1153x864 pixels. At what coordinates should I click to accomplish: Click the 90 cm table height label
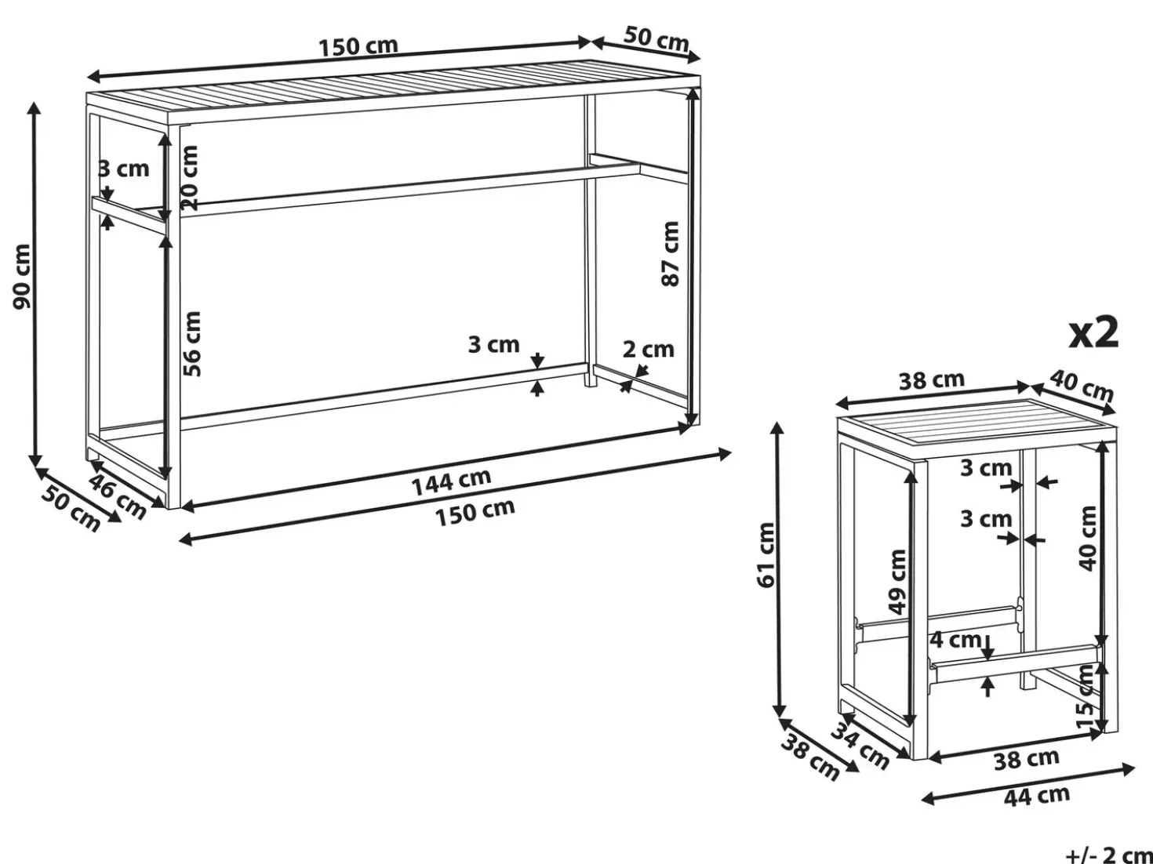[x=23, y=276]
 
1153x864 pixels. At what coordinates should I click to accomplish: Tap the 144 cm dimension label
[x=451, y=482]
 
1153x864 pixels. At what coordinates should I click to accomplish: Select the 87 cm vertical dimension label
[x=671, y=253]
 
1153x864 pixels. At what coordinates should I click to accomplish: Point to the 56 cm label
[x=192, y=343]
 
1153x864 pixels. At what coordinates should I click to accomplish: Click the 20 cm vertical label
[x=189, y=178]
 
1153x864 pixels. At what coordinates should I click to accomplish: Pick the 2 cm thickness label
[x=648, y=349]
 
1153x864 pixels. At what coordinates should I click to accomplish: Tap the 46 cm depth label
[x=117, y=496]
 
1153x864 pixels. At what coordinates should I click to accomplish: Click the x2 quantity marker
[x=1094, y=332]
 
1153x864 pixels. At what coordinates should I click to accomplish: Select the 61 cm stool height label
[x=766, y=555]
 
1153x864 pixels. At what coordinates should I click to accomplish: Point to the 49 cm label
[x=897, y=582]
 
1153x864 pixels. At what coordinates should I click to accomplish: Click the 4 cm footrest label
[x=955, y=640]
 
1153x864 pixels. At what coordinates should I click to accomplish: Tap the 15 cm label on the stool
[x=1086, y=695]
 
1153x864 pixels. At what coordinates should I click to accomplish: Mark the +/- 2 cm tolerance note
[x=1109, y=855]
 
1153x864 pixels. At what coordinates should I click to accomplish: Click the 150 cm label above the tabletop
[x=358, y=46]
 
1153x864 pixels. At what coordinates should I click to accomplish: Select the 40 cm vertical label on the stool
[x=1087, y=538]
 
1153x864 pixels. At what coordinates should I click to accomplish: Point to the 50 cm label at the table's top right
[x=656, y=39]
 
